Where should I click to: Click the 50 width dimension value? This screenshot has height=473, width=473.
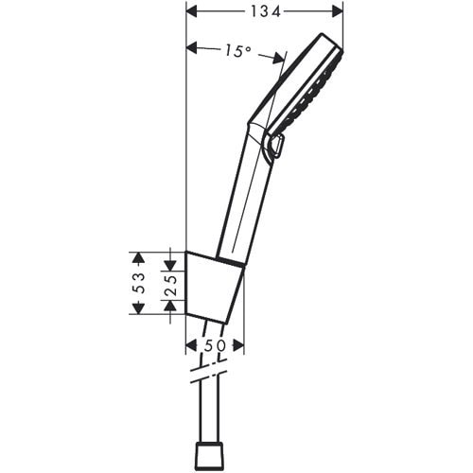(x=216, y=345)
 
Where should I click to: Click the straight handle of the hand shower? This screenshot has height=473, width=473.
(x=241, y=199)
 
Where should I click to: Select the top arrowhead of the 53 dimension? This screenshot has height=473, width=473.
(x=138, y=256)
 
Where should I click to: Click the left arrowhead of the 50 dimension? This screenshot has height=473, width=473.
(x=192, y=345)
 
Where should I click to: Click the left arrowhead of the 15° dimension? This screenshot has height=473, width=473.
(x=192, y=47)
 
